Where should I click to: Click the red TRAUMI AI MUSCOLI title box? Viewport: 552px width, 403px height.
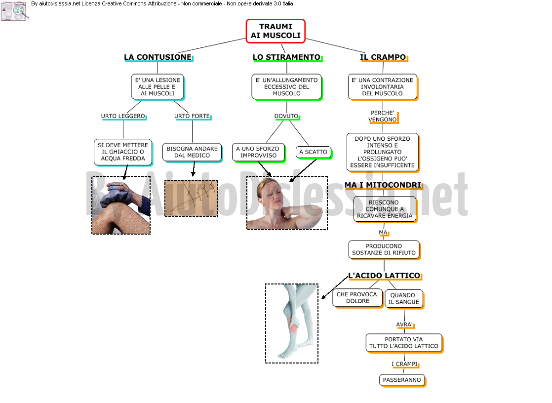276,31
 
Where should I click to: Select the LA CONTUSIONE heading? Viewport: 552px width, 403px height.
158,57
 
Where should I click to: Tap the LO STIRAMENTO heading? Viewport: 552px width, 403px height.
287,57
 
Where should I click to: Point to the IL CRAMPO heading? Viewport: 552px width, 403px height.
383,57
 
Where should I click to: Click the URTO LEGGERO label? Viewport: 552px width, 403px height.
123,116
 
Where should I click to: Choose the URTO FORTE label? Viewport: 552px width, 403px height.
192,116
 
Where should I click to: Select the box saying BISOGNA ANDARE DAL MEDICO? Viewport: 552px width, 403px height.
192,152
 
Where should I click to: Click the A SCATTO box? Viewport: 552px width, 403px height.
314,152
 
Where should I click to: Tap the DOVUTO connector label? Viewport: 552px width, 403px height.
286,116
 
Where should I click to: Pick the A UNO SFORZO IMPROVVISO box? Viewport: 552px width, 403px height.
259,152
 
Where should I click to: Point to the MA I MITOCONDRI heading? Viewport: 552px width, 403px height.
383,185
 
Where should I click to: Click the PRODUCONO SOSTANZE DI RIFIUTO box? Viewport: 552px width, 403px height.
384,249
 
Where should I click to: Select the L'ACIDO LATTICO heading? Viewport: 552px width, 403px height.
385,276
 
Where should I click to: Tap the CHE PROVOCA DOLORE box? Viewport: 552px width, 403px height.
357,298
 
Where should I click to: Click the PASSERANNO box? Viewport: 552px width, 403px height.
402,380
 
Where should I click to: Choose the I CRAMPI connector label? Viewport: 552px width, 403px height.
404,364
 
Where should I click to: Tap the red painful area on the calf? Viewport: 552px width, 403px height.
293,323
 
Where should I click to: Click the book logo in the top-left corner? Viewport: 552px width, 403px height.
14,11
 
